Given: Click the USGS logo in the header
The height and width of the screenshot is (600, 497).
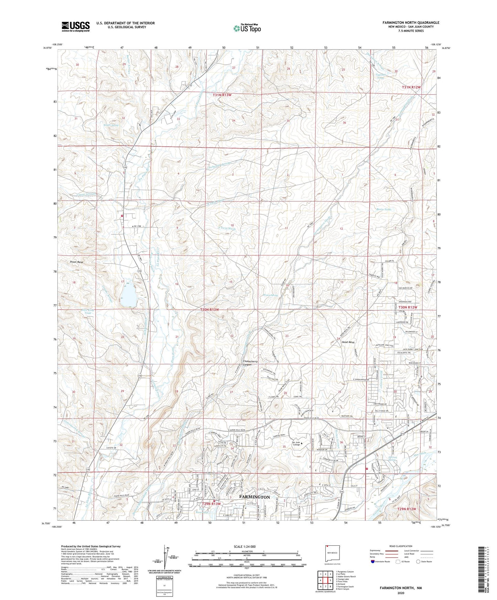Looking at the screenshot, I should (76, 26).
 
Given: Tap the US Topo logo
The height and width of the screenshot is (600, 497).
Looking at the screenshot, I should (247, 28).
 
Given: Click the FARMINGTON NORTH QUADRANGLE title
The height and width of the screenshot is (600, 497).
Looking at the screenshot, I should (410, 23).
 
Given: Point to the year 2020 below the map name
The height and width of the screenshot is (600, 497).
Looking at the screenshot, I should (400, 593).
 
